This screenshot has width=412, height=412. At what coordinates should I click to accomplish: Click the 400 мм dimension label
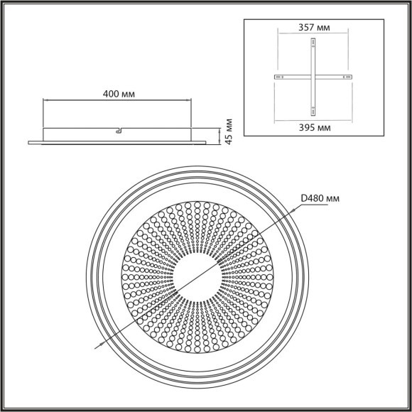(x=118, y=93)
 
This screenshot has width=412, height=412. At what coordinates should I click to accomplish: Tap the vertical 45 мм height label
(x=228, y=132)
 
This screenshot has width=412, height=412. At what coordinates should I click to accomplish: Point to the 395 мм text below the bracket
(x=313, y=126)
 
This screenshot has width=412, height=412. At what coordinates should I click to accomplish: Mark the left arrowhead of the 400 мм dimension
(x=46, y=100)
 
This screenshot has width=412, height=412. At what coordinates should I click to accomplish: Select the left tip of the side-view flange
(x=30, y=142)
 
